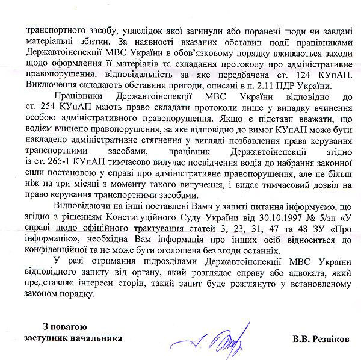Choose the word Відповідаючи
(83, 207)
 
